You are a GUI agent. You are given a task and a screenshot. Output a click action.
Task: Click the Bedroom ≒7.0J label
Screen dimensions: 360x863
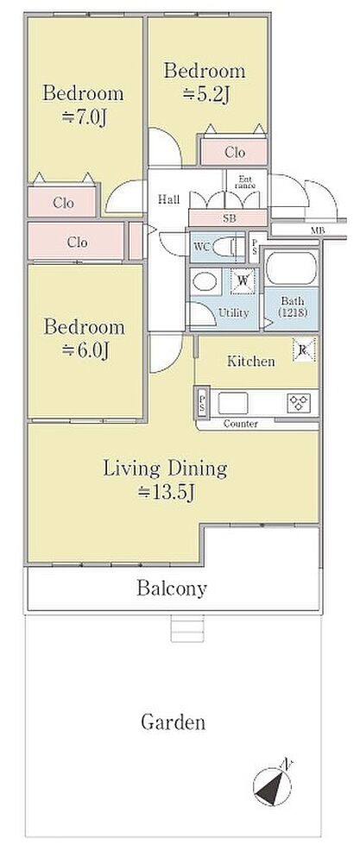(x=83, y=104)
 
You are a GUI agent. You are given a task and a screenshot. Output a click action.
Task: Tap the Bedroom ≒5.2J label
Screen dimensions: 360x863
(x=205, y=82)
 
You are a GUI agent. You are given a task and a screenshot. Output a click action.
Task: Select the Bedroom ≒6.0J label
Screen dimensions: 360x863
(x=85, y=338)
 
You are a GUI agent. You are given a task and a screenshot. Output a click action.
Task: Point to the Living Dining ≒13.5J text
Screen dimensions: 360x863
(x=165, y=480)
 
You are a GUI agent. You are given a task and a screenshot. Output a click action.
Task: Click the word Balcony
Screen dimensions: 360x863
(x=172, y=589)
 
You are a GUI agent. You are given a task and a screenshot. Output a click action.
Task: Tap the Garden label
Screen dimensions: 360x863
(x=174, y=721)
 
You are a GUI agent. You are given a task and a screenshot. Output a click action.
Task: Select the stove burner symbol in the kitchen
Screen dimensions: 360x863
(x=299, y=403)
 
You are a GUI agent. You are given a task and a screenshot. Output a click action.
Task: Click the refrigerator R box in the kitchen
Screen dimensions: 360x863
(x=304, y=349)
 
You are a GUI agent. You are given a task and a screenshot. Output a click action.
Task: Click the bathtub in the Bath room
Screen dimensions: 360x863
(x=291, y=268)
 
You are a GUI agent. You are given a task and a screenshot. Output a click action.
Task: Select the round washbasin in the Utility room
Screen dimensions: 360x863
(x=205, y=281)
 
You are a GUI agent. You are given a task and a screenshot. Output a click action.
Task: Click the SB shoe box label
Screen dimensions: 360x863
(x=229, y=218)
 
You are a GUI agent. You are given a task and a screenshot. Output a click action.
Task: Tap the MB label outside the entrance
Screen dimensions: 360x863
(x=317, y=230)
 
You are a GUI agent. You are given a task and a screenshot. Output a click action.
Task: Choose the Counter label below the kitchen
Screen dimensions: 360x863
(x=241, y=424)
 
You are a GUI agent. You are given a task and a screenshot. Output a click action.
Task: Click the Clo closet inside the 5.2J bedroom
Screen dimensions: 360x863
(x=235, y=152)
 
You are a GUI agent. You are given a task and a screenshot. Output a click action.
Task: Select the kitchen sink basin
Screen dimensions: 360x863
(x=233, y=403)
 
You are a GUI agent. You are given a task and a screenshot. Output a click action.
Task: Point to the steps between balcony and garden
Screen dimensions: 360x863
(x=187, y=628)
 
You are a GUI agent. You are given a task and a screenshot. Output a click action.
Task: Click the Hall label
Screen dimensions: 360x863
(x=169, y=199)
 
